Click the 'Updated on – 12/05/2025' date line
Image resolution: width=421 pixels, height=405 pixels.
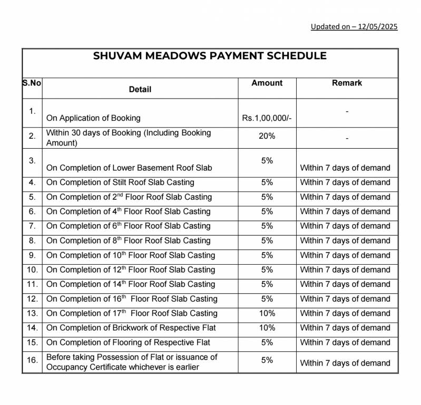[354, 26]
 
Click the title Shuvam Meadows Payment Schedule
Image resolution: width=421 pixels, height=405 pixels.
[210, 56]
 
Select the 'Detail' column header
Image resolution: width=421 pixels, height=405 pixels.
[140, 90]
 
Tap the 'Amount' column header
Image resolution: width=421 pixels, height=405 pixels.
[267, 83]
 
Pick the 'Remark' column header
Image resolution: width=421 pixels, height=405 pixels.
[347, 83]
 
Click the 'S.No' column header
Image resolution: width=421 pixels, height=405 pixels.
[32, 83]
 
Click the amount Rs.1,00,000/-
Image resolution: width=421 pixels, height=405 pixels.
[267, 118]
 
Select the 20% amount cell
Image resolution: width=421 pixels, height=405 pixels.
[267, 136]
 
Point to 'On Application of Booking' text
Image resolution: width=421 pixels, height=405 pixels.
[93, 118]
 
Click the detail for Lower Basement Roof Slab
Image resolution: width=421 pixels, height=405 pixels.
[129, 168]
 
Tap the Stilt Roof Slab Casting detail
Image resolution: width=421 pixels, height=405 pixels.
[120, 182]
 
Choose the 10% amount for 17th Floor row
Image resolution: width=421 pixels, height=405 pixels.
[267, 313]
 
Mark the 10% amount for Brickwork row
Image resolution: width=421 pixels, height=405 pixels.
[267, 327]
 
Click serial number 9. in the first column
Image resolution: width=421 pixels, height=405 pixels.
[32, 255]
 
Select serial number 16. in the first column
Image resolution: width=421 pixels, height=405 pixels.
[32, 360]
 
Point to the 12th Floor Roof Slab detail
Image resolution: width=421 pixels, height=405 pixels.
[131, 269]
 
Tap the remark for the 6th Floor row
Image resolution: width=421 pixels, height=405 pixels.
[345, 226]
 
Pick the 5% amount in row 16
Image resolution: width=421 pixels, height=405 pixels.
[267, 360]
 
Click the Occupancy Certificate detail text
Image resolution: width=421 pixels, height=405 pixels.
[123, 367]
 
